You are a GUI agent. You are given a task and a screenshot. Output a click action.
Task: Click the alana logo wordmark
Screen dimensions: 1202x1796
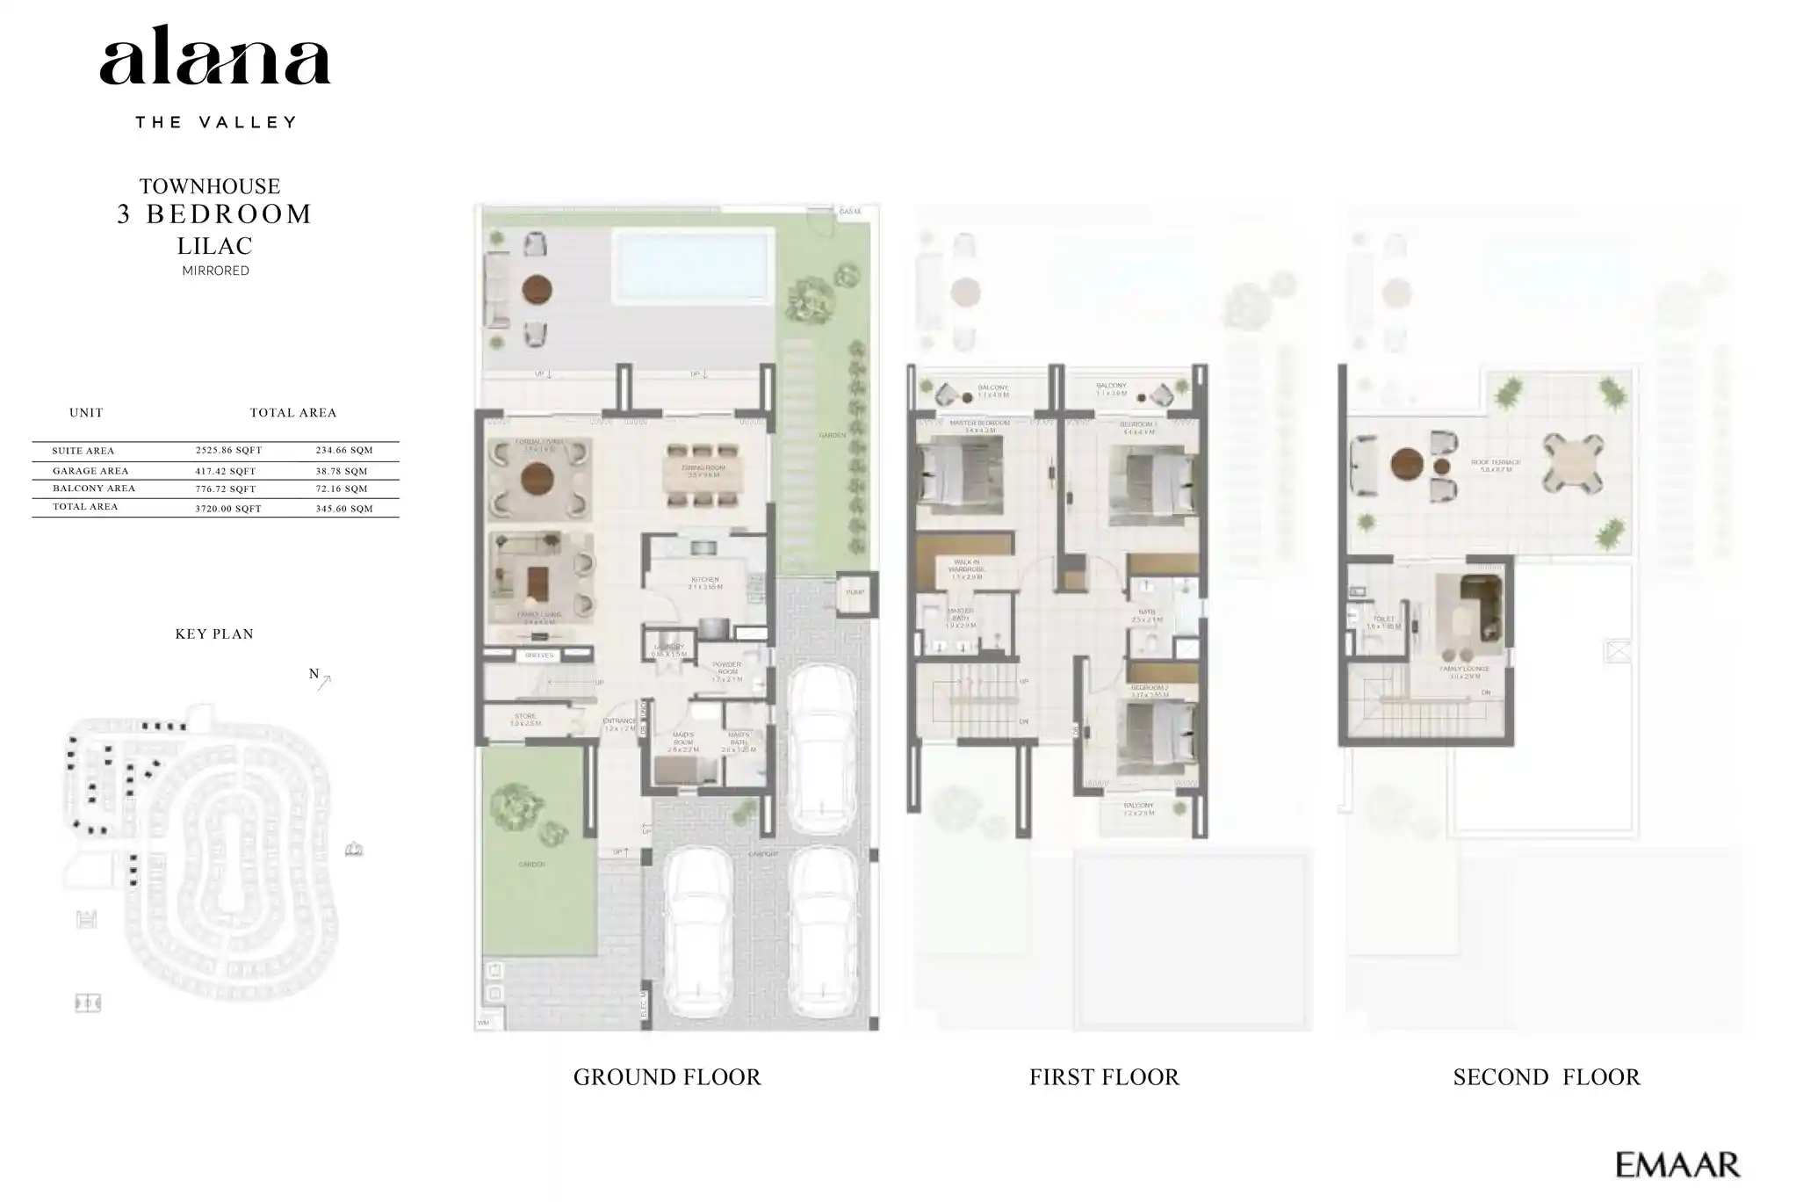(214, 58)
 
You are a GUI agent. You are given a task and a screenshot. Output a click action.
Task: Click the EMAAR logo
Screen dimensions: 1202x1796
(1677, 1165)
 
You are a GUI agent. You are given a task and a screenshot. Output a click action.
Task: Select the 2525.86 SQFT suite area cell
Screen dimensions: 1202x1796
(228, 450)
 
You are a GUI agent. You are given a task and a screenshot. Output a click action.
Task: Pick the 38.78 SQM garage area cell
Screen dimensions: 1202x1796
(343, 471)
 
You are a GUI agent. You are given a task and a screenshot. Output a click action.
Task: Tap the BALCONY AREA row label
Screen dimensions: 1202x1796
(93, 489)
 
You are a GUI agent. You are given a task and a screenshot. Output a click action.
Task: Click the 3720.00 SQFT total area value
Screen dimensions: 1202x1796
(228, 509)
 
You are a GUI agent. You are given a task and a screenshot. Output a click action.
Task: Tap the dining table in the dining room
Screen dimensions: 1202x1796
(703, 475)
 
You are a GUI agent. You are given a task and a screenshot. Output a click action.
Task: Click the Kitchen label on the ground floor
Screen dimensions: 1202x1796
(704, 581)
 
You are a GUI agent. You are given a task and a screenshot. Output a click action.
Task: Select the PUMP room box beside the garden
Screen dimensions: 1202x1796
(855, 593)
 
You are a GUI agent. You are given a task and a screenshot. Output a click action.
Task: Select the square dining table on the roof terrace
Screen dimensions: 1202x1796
(1572, 463)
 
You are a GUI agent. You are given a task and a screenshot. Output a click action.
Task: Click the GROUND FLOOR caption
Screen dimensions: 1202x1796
(667, 1077)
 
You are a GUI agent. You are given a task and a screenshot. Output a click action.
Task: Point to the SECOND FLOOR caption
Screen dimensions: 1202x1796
(1546, 1077)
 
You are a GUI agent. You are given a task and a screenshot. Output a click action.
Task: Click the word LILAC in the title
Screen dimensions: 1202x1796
(215, 246)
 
